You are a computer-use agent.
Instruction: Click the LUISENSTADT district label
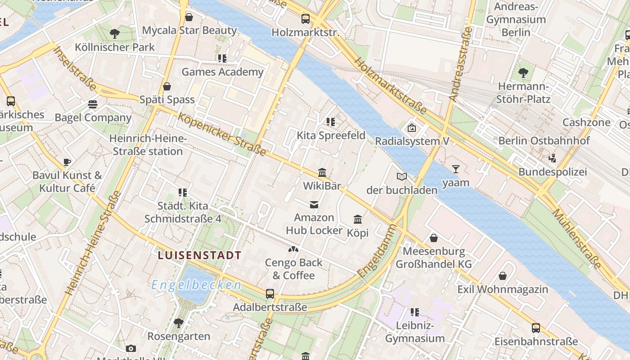(199, 255)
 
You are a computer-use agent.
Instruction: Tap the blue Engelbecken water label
(196, 285)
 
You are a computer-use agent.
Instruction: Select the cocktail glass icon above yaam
(456, 169)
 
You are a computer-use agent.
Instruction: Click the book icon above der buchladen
(402, 176)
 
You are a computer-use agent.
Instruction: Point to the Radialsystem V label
(412, 141)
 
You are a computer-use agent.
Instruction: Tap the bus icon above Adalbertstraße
(270, 294)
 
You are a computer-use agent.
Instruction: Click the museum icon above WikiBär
(322, 172)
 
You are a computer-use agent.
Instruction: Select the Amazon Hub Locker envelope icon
(314, 205)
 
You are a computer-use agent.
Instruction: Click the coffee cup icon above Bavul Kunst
(67, 162)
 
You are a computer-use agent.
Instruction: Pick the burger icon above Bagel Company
(93, 104)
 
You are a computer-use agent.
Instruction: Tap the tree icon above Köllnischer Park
(115, 33)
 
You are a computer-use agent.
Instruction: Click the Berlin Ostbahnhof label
(544, 141)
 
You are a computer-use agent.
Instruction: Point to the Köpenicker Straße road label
(221, 134)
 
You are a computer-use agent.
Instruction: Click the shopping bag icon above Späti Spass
(167, 86)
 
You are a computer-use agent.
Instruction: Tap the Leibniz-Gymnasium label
(414, 332)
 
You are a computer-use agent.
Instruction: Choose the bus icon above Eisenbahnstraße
(535, 328)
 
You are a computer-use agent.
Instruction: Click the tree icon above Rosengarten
(179, 323)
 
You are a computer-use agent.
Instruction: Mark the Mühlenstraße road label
(577, 238)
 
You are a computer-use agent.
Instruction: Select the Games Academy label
(222, 72)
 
